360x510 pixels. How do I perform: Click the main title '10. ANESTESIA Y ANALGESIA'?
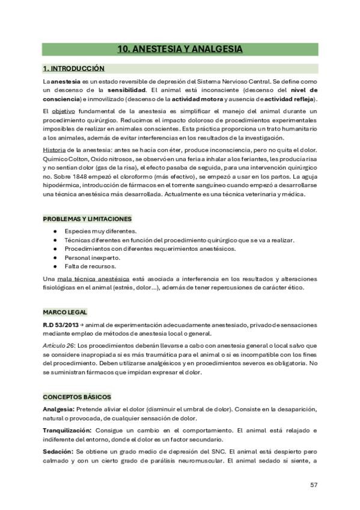click(180, 49)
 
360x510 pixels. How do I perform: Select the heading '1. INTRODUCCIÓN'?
click(73, 69)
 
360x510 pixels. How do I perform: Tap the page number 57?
click(313, 485)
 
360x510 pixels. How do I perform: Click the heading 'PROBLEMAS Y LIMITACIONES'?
click(87, 219)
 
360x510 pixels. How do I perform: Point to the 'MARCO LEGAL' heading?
click(65, 312)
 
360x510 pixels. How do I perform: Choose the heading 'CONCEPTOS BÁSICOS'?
click(76, 398)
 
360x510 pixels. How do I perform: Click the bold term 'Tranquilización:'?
click(67, 431)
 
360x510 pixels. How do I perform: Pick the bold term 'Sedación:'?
click(58, 452)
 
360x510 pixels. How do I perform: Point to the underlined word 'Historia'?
click(55, 149)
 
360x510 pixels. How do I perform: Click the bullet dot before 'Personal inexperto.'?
click(55, 257)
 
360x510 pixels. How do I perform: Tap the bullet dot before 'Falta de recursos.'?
click(55, 266)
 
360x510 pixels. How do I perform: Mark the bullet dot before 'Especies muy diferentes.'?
click(55, 232)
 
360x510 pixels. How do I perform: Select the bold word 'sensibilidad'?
click(126, 90)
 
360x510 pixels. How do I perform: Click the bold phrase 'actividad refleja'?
click(291, 99)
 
